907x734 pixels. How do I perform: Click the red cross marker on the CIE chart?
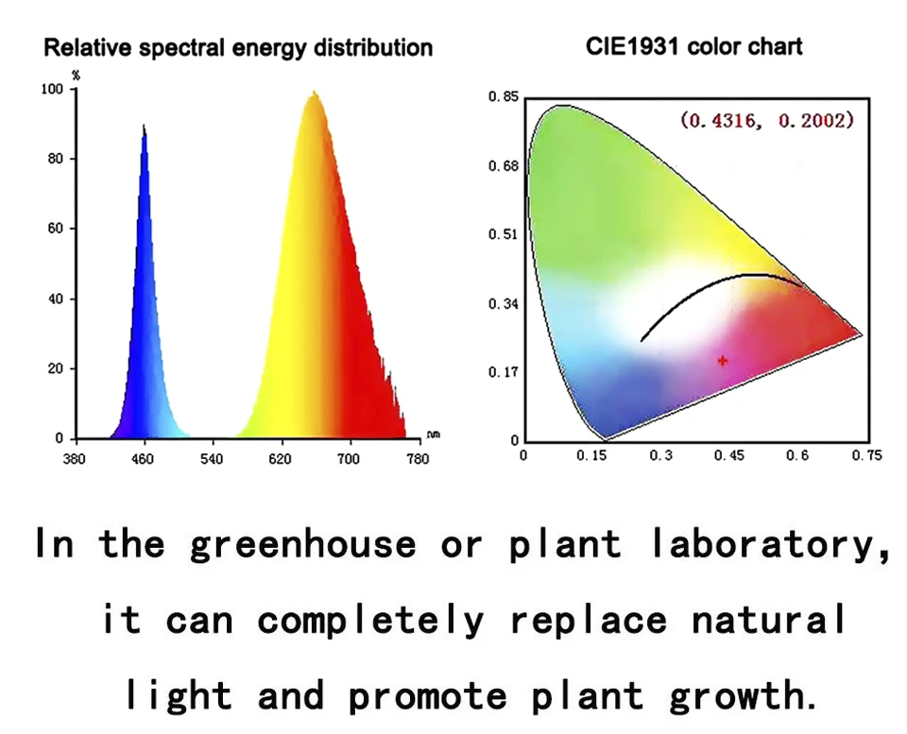click(723, 360)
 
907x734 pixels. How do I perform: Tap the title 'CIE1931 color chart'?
click(693, 46)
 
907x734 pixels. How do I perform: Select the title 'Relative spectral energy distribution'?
click(239, 47)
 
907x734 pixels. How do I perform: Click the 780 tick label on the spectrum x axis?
click(418, 459)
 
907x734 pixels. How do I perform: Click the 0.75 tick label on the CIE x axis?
click(866, 455)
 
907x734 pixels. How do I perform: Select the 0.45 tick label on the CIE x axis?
click(729, 455)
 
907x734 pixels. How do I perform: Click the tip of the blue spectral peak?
click(144, 125)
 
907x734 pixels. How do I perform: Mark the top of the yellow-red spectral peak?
click(314, 93)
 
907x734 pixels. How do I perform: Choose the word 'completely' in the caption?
click(370, 621)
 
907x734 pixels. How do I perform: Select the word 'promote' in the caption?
click(428, 696)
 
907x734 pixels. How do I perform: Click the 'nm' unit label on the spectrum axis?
click(433, 435)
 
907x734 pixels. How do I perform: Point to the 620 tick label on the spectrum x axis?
click(281, 459)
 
